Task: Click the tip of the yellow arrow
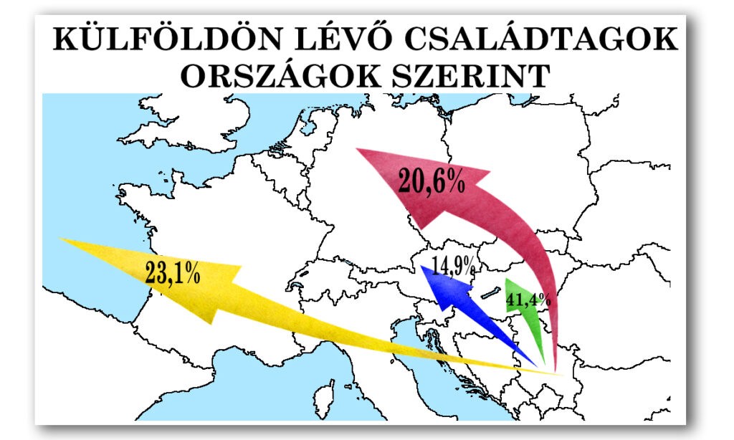pos(60,239)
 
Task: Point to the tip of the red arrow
pos(357,149)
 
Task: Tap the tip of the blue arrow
pos(422,266)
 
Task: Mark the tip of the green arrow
pos(506,278)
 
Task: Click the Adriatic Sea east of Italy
pos(430,358)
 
